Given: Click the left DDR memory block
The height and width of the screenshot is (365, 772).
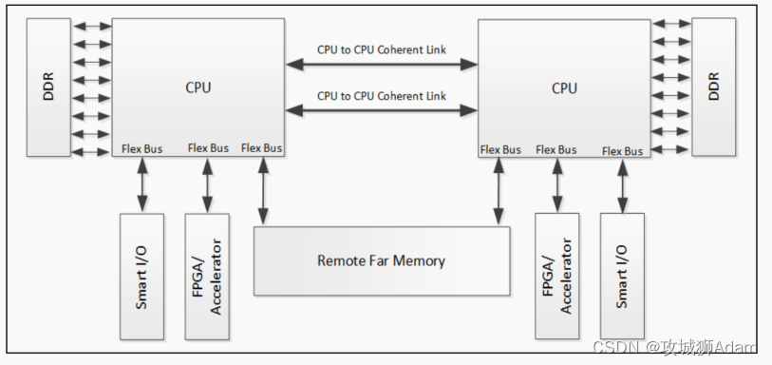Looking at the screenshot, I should click(47, 86).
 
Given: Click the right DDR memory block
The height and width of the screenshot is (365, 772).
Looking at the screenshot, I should click(715, 86).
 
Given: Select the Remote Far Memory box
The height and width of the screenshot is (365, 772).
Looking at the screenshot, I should click(381, 260).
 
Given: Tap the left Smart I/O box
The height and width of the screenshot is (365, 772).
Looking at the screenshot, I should click(141, 276).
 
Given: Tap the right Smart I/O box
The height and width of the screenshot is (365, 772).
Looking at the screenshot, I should click(623, 276).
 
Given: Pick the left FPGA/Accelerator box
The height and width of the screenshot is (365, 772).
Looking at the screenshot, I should click(207, 276).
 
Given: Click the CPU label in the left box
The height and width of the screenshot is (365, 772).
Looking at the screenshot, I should click(198, 87).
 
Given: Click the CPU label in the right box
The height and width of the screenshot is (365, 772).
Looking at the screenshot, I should click(564, 87).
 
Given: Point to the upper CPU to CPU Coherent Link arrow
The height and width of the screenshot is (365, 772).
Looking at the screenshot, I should click(382, 65).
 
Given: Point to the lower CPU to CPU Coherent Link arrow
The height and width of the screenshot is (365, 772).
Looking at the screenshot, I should click(382, 110).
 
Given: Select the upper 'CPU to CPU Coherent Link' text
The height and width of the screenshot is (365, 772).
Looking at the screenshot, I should click(382, 49).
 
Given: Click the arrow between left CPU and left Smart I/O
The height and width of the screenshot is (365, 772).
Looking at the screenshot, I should click(142, 184).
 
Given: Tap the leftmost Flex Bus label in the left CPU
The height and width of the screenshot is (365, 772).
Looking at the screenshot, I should click(142, 148).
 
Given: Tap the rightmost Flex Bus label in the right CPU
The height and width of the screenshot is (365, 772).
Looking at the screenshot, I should click(623, 150).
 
